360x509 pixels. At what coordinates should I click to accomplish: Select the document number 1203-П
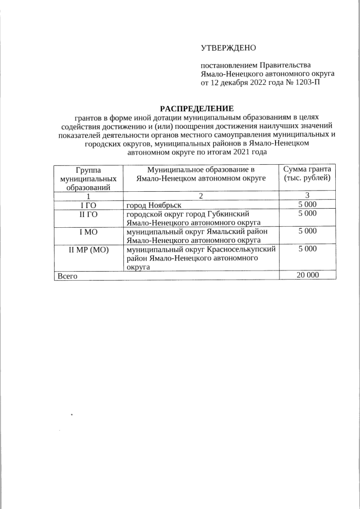coord(309,83)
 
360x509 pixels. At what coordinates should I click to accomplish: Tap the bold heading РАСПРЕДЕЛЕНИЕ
coord(196,108)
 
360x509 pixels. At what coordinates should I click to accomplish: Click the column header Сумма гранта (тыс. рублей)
coord(308,174)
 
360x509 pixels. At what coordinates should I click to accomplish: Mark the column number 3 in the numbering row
coord(308,196)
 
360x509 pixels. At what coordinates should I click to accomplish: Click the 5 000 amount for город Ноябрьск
coord(308,205)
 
